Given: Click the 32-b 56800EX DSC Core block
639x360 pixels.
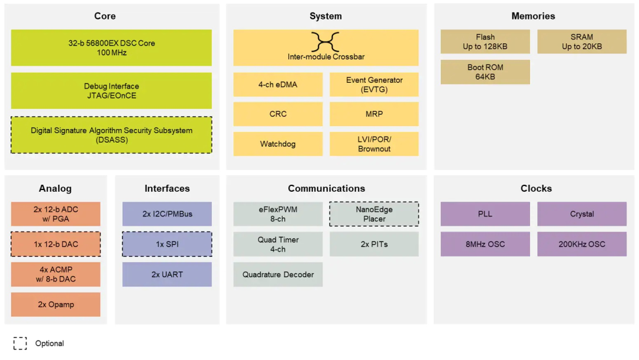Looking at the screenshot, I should [x=111, y=48].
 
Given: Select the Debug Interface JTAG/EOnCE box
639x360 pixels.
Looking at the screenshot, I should [x=111, y=91].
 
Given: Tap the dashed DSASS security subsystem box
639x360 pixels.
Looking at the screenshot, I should [x=111, y=135].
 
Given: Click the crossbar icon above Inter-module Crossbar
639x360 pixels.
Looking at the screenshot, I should [x=325, y=42].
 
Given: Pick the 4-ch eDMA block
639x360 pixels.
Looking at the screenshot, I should [x=277, y=85].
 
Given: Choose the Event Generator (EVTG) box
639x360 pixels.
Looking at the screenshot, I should [x=374, y=85].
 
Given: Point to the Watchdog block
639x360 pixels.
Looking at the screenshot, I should [x=277, y=144].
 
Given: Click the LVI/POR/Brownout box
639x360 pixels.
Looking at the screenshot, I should [x=374, y=144].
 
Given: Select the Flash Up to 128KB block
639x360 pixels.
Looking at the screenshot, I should [x=485, y=42].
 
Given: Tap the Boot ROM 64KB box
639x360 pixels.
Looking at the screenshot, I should [x=485, y=72].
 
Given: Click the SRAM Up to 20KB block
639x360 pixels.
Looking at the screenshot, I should [x=582, y=42].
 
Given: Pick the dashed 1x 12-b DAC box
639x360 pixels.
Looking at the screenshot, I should [x=56, y=244].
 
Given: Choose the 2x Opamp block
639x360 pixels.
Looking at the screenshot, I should [x=56, y=304].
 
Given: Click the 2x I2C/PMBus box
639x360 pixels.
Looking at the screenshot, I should [x=167, y=214].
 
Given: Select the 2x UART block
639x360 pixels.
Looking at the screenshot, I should [x=167, y=274].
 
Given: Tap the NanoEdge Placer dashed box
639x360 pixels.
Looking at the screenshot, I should [x=374, y=214].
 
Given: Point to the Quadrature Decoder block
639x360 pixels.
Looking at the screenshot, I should [x=277, y=274].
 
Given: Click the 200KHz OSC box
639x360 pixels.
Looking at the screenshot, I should [x=582, y=244].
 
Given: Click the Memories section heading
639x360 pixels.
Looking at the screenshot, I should [x=533, y=16].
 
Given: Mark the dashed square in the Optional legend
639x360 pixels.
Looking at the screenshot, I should [x=20, y=343].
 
